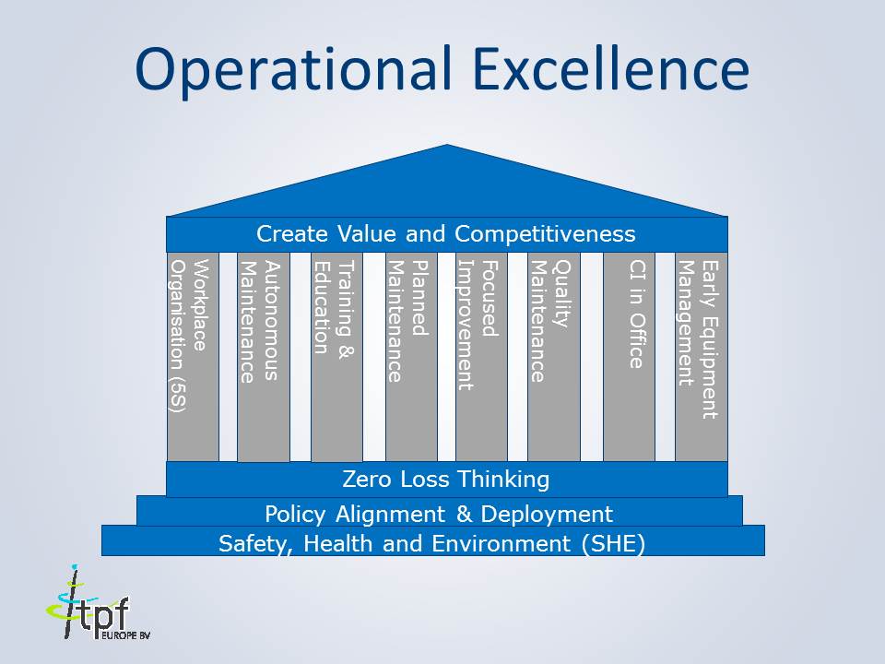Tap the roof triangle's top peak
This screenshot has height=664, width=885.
click(447, 148)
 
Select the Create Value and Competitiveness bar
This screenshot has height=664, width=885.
click(446, 233)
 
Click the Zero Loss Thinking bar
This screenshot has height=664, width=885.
click(446, 480)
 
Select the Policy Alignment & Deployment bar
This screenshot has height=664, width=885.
click(439, 512)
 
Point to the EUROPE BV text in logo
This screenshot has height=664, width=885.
click(125, 636)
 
